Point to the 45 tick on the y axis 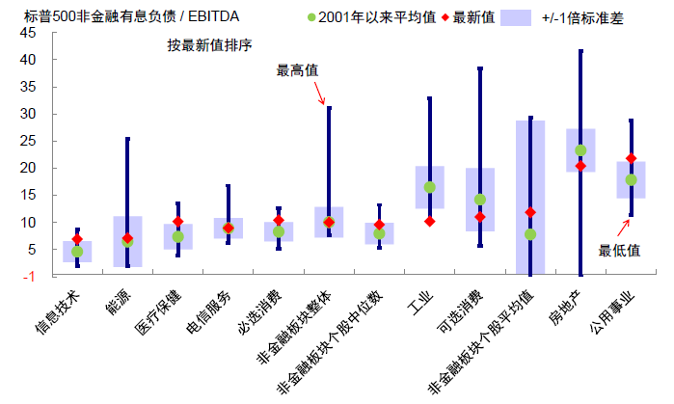[27, 33]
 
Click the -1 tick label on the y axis [29, 277]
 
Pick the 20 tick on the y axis [27, 168]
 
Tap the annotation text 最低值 [618, 250]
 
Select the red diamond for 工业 [429, 222]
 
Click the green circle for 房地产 [580, 150]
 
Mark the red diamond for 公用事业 [631, 158]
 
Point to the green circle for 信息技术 [77, 252]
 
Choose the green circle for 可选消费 [479, 200]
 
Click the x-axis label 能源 [119, 302]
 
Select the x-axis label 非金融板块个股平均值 [487, 337]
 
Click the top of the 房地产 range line [580, 51]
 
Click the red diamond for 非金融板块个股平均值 [529, 212]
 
